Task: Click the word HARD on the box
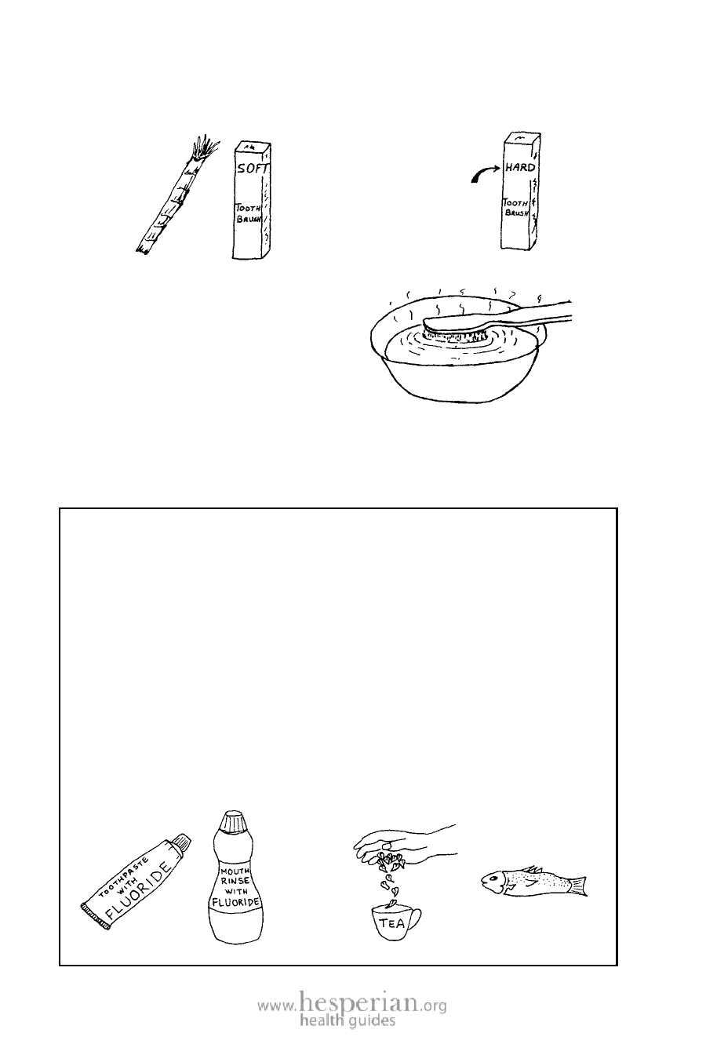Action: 520,167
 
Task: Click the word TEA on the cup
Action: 391,922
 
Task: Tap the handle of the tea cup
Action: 416,919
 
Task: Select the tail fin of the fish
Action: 578,886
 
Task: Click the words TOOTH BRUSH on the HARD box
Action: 515,207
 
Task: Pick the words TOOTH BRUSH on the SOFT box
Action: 248,213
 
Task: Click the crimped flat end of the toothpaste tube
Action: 96,916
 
